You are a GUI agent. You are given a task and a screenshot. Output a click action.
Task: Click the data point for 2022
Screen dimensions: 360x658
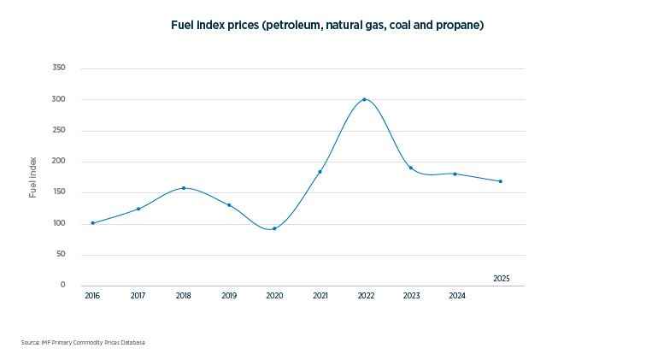click(365, 99)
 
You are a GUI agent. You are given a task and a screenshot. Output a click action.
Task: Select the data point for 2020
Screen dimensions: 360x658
click(274, 228)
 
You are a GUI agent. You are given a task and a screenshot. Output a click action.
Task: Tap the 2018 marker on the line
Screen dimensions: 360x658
click(184, 188)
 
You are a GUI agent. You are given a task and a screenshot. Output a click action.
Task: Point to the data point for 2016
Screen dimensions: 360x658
click(93, 223)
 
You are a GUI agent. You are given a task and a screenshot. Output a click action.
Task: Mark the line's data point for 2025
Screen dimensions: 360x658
click(500, 181)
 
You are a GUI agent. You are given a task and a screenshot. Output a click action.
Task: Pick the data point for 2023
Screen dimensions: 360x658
click(410, 168)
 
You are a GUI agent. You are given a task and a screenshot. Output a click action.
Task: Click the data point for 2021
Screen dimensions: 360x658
click(320, 172)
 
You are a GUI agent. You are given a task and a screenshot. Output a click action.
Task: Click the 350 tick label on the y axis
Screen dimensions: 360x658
click(59, 68)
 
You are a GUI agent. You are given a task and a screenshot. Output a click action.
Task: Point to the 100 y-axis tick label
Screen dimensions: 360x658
click(59, 223)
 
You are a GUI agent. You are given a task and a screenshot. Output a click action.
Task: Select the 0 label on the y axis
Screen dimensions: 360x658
click(62, 285)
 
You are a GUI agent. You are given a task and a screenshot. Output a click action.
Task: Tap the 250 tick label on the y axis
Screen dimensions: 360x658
click(59, 130)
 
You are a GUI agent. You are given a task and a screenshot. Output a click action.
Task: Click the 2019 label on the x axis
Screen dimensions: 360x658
click(229, 296)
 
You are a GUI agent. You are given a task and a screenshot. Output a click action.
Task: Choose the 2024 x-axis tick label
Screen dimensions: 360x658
click(457, 296)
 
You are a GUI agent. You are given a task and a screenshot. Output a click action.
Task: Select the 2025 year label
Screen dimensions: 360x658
click(502, 279)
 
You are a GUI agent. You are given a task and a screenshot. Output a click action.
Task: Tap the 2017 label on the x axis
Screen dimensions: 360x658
click(138, 296)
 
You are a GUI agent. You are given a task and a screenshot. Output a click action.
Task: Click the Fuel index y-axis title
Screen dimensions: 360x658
click(33, 177)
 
